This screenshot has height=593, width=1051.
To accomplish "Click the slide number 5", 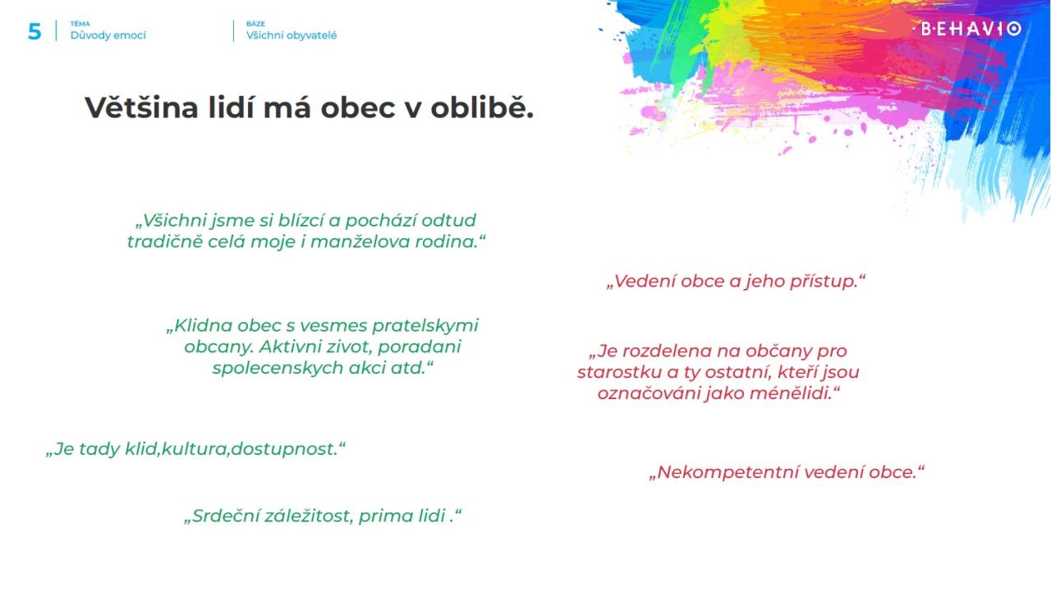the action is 34,31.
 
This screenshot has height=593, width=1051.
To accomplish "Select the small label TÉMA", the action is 80,24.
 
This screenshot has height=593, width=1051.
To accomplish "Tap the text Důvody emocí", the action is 108,35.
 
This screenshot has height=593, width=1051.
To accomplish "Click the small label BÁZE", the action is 255,24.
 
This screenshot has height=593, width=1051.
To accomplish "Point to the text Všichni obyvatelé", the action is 291,35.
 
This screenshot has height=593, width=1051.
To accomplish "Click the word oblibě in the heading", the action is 482,108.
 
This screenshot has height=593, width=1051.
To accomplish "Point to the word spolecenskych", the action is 278,368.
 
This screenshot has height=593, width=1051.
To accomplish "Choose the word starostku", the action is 619,373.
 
